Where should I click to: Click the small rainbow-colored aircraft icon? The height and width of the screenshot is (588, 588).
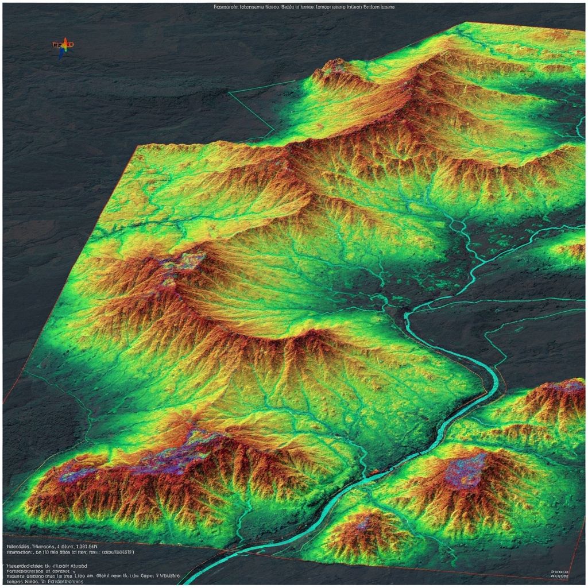[x=63, y=46]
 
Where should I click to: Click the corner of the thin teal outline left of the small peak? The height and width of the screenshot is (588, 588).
[x=229, y=92]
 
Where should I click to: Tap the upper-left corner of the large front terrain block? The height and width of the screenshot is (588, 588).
[x=136, y=146]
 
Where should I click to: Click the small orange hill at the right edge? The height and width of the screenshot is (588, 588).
[x=572, y=250]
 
